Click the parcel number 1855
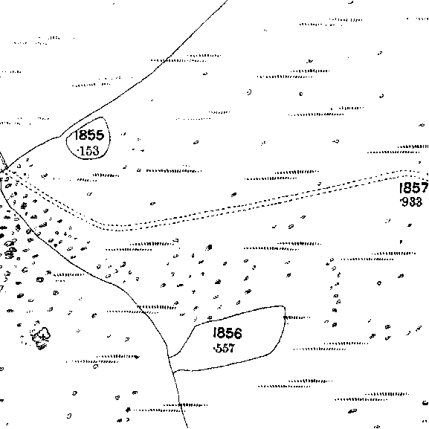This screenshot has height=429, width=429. point(88,135)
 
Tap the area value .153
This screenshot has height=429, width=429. point(88,151)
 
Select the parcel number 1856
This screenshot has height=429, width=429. point(228,333)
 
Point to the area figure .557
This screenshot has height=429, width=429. point(225,348)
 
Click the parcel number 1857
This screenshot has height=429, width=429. point(413,188)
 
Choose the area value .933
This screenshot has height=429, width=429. point(411,202)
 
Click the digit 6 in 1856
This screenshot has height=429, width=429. point(238,334)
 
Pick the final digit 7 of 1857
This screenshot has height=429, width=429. point(424,188)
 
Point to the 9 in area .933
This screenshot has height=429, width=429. point(405,202)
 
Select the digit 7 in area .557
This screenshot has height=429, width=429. point(231,349)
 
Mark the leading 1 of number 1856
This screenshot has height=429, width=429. point(215,333)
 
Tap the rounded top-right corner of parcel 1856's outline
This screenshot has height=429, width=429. point(284,308)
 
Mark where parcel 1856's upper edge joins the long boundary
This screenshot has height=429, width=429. point(169,358)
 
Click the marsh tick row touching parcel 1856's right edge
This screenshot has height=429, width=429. point(297,317)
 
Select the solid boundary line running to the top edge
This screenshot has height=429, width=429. point(123,95)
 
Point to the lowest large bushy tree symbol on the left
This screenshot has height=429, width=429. point(42,336)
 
